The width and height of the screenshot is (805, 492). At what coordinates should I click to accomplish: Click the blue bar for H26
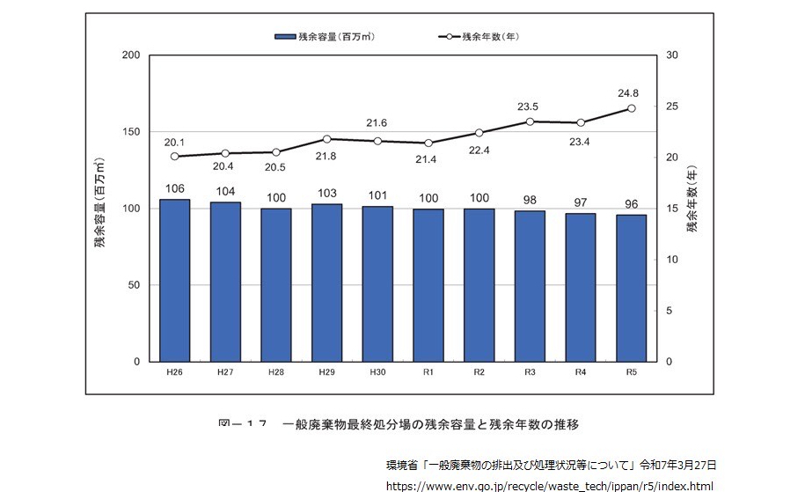pyautogui.click(x=174, y=280)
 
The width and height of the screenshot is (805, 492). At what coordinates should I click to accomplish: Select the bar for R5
pyautogui.click(x=631, y=288)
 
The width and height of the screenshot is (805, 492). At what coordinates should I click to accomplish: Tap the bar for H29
pyautogui.click(x=326, y=283)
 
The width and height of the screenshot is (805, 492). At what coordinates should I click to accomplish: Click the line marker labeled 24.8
pyautogui.click(x=631, y=108)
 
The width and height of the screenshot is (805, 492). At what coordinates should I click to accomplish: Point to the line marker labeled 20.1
pyautogui.click(x=174, y=157)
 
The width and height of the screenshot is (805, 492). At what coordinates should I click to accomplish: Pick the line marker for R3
pyautogui.click(x=530, y=121)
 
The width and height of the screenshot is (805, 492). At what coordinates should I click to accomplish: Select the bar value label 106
pyautogui.click(x=174, y=189)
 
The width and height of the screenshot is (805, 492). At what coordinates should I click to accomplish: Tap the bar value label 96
pyautogui.click(x=631, y=204)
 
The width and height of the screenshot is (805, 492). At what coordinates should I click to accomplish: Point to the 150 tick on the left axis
pyautogui.click(x=132, y=132)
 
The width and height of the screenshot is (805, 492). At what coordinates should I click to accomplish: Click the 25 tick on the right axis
pyautogui.click(x=671, y=106)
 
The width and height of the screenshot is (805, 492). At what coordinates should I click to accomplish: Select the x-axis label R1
pyautogui.click(x=428, y=372)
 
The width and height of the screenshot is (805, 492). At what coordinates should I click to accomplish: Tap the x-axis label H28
pyautogui.click(x=275, y=372)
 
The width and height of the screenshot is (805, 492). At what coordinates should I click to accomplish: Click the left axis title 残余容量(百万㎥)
pyautogui.click(x=100, y=208)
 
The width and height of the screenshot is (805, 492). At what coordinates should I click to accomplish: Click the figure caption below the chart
pyautogui.click(x=399, y=425)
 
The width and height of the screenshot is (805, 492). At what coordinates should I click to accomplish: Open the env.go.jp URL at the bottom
pyautogui.click(x=549, y=485)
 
